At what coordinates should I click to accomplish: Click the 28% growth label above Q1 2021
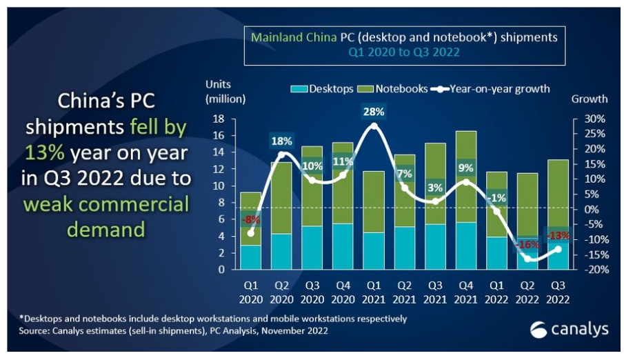pyautogui.click(x=374, y=112)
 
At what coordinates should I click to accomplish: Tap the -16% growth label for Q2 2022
pyautogui.click(x=527, y=245)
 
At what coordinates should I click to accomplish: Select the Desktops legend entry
pyautogui.click(x=322, y=89)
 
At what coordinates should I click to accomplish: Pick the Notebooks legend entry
pyautogui.click(x=393, y=89)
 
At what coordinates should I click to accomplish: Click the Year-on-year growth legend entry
pyautogui.click(x=490, y=89)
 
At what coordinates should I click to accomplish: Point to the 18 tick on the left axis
pyautogui.click(x=219, y=119)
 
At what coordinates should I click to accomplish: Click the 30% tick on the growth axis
pyautogui.click(x=594, y=119)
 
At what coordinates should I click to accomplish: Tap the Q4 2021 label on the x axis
pyautogui.click(x=466, y=292)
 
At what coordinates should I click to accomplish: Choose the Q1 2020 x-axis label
pyautogui.click(x=251, y=292)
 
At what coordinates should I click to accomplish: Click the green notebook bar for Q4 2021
pyautogui.click(x=466, y=177)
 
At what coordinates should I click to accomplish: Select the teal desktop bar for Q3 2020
pyautogui.click(x=312, y=248)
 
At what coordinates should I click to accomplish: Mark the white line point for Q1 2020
pyautogui.click(x=251, y=233)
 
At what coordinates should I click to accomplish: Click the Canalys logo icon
pyautogui.click(x=539, y=330)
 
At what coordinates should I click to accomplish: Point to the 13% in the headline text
pyautogui.click(x=45, y=152)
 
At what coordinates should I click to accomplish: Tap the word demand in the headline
pyautogui.click(x=106, y=230)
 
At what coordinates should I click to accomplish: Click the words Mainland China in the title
pyautogui.click(x=294, y=37)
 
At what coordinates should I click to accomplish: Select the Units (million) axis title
pyautogui.click(x=225, y=92)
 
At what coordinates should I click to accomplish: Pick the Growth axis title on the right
pyautogui.click(x=590, y=99)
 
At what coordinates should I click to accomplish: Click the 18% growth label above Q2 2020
pyautogui.click(x=282, y=141)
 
